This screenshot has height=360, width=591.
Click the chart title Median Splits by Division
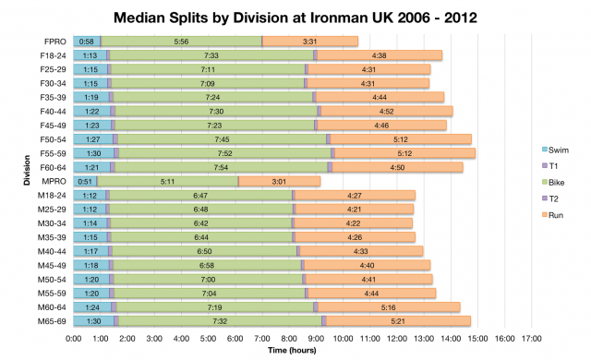point(295,17)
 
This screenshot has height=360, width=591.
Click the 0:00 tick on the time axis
point(74,339)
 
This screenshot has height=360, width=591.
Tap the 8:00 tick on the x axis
point(289,339)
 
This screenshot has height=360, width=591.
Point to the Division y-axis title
point(11,181)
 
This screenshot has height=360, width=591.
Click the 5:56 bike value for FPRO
point(181,42)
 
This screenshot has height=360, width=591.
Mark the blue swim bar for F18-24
point(90,55)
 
